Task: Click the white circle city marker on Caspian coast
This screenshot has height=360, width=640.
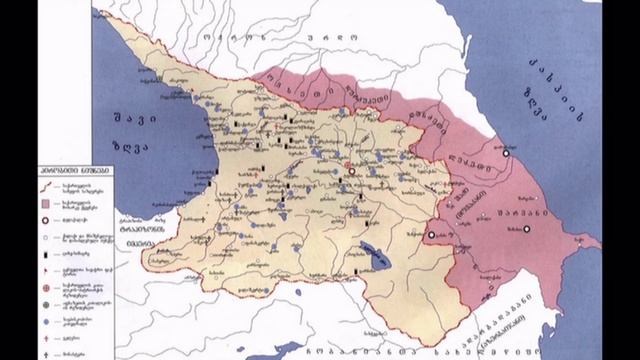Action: click(x=506, y=156)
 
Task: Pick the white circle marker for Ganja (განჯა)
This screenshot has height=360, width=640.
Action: click(x=431, y=235)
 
